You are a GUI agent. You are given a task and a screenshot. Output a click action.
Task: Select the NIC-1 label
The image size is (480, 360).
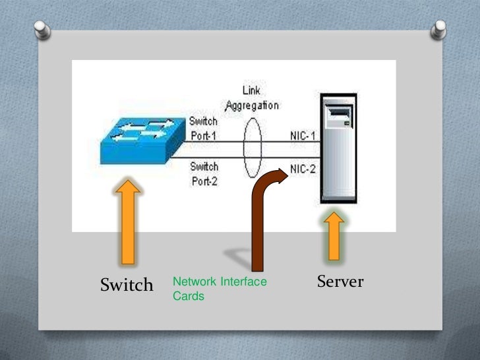click(303, 136)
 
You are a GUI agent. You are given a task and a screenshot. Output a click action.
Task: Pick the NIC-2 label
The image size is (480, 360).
click(303, 169)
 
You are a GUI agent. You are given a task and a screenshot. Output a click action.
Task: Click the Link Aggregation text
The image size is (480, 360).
click(252, 99)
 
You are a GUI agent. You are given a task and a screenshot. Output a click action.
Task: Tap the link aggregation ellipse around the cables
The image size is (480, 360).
click(252, 152)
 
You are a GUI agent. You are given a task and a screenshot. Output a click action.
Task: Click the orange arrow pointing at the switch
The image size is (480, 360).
click(127, 224)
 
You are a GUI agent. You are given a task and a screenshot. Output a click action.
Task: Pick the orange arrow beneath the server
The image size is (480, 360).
click(334, 235)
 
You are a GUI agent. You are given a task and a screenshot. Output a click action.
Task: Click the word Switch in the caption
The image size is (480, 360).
click(127, 285)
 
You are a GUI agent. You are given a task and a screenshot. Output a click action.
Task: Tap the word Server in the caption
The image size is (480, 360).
click(340, 282)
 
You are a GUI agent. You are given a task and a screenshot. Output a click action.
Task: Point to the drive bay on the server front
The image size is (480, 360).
click(340, 119)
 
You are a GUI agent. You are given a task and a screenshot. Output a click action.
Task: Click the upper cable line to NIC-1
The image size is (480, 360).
click(277, 139)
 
